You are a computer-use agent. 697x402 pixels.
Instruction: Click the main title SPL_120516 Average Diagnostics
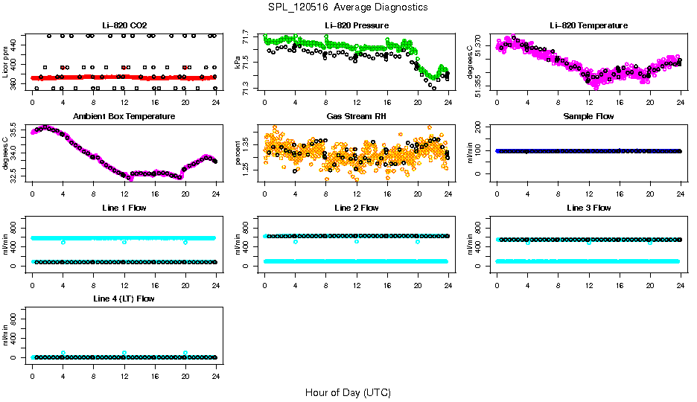click(x=348, y=7)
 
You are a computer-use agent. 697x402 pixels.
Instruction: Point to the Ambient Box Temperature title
click(x=124, y=116)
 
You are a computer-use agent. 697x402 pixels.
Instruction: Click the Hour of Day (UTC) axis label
click(x=348, y=392)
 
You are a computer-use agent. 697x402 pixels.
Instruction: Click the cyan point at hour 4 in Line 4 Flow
click(x=63, y=353)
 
